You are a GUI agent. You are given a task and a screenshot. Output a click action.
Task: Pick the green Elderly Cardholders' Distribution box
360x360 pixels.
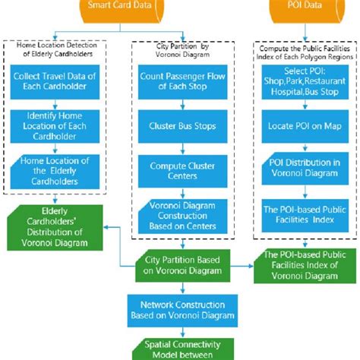click(54, 227)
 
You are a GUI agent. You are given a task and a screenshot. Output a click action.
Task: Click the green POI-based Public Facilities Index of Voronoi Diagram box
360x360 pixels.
click(304, 265)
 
